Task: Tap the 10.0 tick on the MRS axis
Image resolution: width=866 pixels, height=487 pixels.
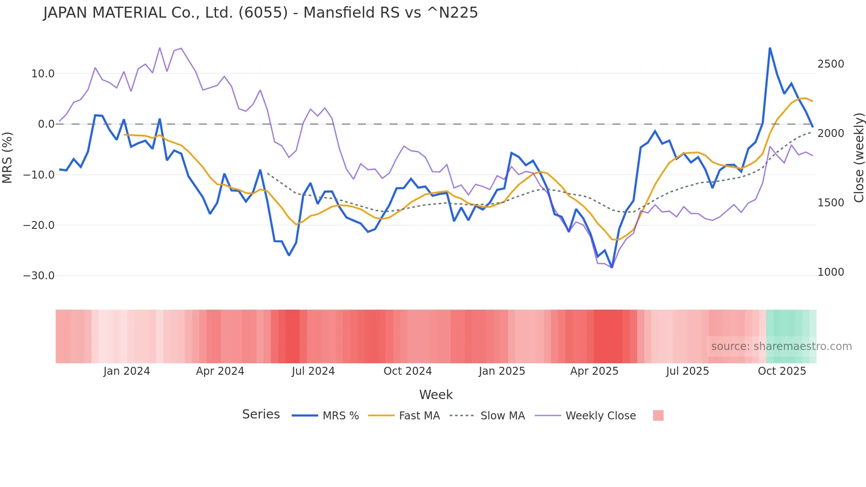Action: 43,74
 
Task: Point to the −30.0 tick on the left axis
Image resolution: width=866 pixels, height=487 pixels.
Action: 39,276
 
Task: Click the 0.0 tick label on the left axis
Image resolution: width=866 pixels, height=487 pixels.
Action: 46,124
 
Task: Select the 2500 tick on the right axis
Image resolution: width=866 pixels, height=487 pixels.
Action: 831,64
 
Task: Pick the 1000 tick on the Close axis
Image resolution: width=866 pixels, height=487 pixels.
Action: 831,272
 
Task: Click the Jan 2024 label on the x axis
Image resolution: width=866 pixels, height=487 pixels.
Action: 127,371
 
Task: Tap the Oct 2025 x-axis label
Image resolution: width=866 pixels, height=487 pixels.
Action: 782,371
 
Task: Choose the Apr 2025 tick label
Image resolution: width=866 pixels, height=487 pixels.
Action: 594,371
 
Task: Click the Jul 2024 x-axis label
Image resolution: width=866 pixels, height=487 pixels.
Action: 313,371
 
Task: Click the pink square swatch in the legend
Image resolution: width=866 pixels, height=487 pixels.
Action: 658,415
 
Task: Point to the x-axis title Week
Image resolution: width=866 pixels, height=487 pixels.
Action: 436,395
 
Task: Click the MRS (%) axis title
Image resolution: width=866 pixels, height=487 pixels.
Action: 8,157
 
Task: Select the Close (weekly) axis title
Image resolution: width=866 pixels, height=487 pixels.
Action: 858,157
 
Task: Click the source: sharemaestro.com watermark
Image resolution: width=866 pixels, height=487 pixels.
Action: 781,346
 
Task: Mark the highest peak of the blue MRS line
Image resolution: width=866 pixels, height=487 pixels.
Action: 770,48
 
